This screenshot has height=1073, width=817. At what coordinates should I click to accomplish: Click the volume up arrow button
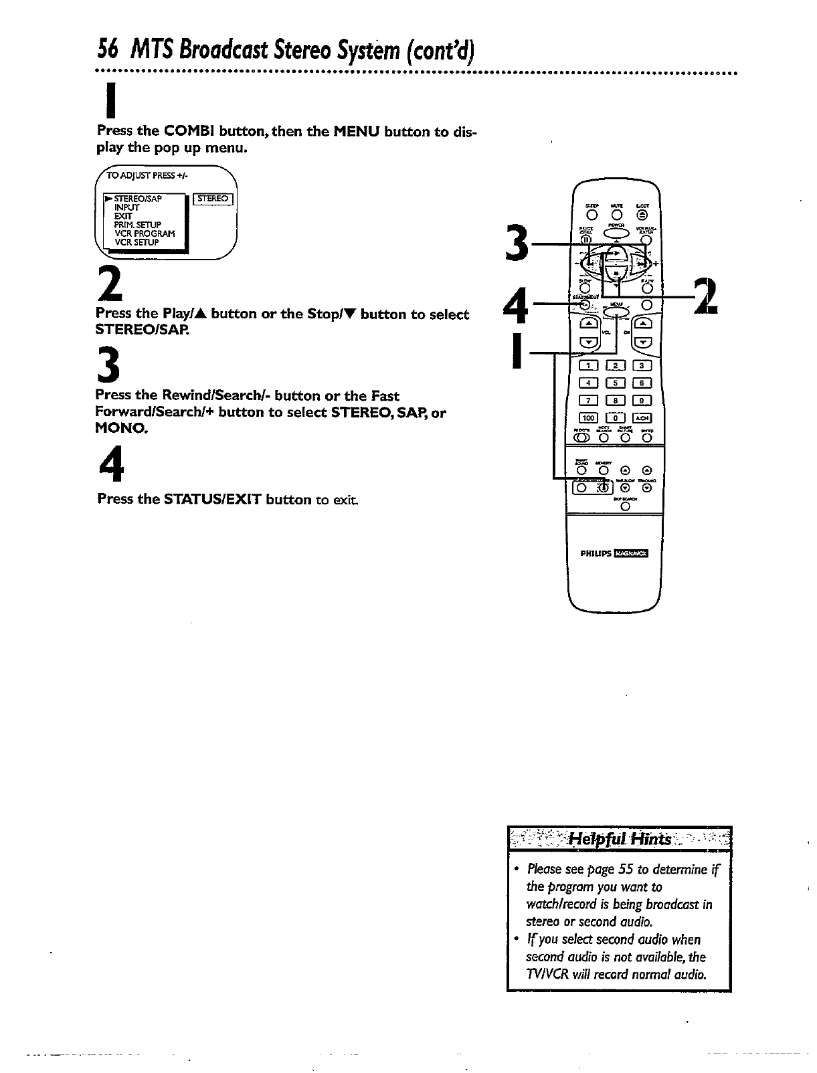coord(589,324)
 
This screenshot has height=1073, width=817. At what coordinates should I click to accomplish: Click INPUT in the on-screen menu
coord(126,207)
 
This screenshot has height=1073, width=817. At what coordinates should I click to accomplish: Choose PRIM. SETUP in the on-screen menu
coord(137,225)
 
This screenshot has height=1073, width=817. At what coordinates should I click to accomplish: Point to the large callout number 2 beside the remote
coord(706,296)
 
